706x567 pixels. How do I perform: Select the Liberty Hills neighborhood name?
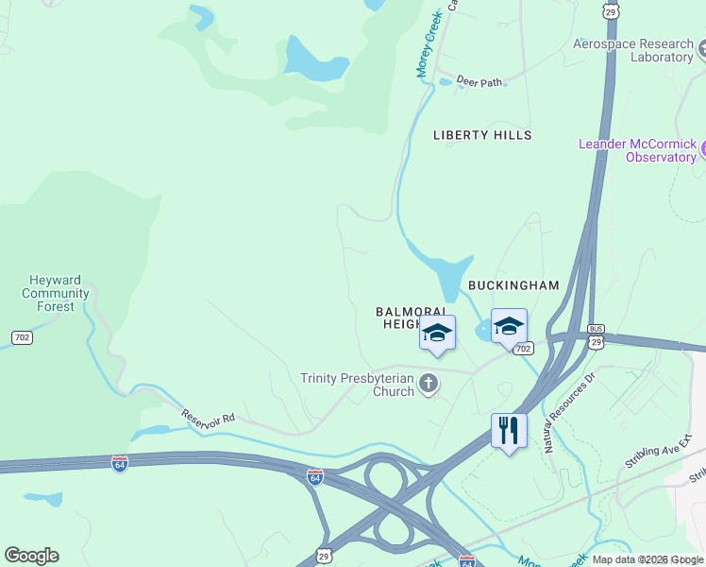coord(482,135)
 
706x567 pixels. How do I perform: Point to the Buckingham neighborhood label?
coord(513,284)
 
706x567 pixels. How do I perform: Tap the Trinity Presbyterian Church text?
coord(357,385)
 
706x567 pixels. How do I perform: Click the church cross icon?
coord(429,383)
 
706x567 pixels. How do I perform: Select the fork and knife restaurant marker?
coord(509,431)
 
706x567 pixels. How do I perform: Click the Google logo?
coord(31,556)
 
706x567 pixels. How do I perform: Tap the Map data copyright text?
coord(647,559)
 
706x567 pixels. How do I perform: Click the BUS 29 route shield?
coord(596,337)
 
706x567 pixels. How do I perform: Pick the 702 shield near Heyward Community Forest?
coord(21,337)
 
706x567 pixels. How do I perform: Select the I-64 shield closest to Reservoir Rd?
coord(119,464)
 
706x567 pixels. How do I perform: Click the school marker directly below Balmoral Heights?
coord(437,333)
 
